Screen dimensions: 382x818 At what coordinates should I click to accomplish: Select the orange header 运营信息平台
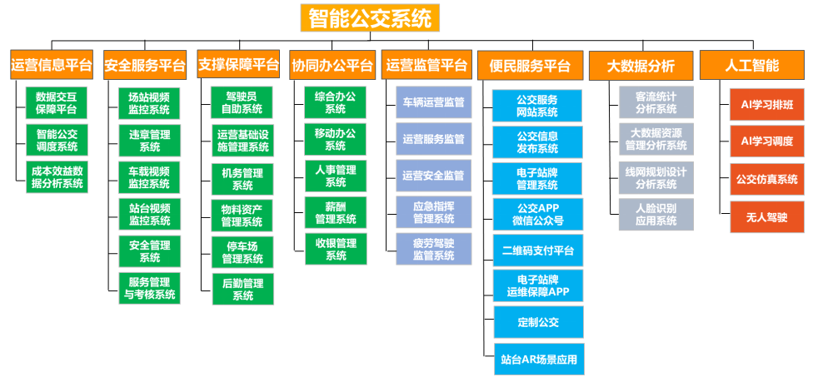[x=52, y=64]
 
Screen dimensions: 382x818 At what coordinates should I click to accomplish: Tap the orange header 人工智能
[x=751, y=64]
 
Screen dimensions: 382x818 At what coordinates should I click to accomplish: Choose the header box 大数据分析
[x=641, y=65]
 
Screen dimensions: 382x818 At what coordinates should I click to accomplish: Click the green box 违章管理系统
[x=149, y=141]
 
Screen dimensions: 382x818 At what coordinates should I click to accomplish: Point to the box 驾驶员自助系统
[x=242, y=103]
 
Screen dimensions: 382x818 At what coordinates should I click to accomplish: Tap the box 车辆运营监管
[x=433, y=103]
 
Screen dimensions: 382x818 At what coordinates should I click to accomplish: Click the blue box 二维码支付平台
[x=537, y=250]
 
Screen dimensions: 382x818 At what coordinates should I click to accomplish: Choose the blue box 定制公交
[x=537, y=320]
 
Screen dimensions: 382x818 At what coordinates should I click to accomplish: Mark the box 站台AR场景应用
[x=537, y=360]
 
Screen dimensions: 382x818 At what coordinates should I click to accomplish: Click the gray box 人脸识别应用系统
[x=656, y=214]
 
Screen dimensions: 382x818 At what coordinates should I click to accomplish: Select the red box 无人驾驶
[x=766, y=216]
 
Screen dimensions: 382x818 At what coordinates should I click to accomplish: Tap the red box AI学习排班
[x=766, y=104]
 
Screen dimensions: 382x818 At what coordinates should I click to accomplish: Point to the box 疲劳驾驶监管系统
[x=433, y=249]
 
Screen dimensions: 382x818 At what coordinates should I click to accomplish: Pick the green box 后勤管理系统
[x=242, y=289]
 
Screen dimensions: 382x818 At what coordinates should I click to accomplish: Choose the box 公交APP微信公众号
[x=537, y=214]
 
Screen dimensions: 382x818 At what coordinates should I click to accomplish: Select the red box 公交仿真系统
[x=766, y=179]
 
